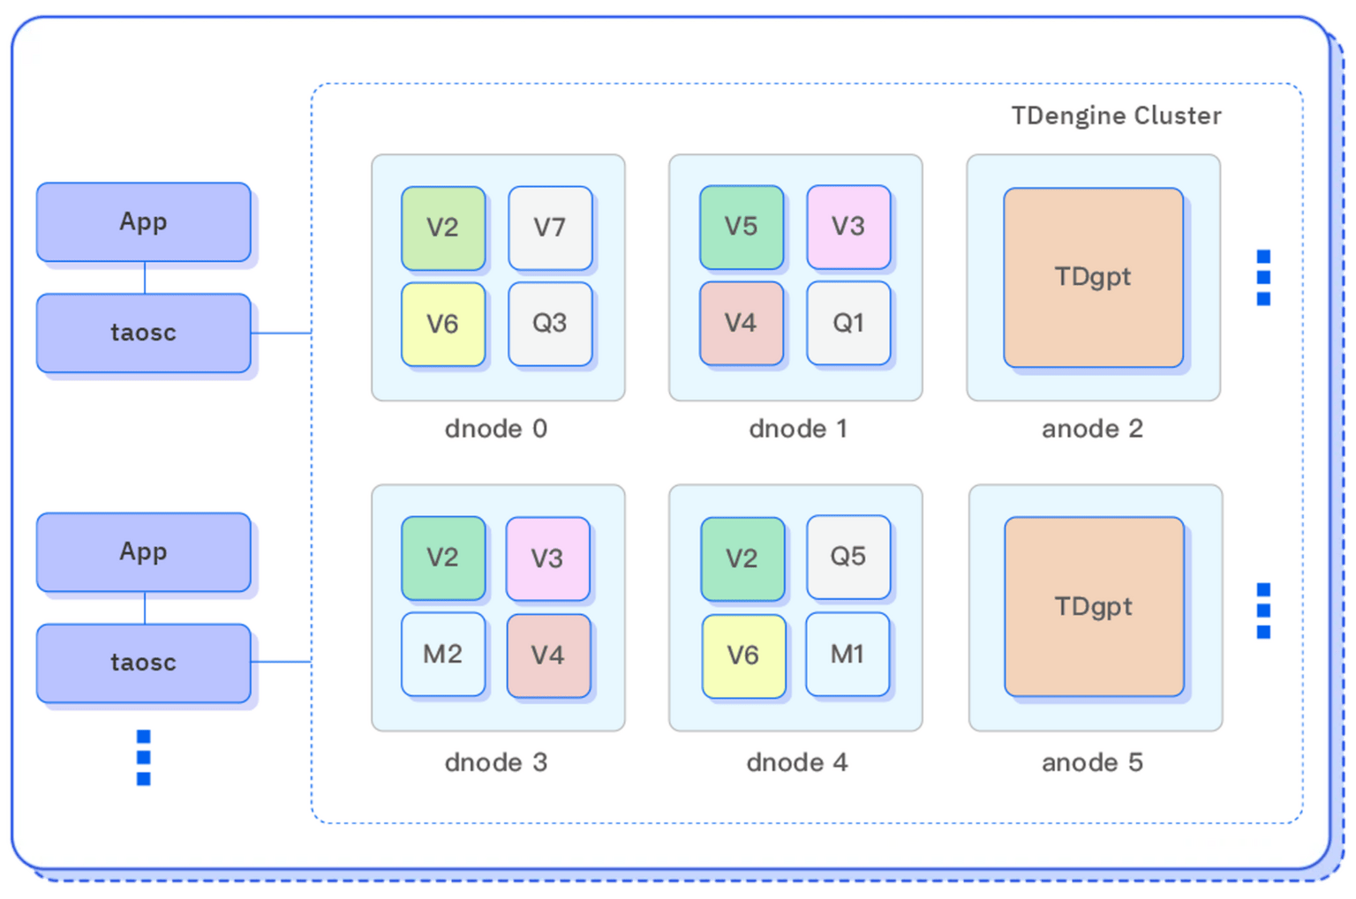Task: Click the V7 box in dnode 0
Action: (x=550, y=228)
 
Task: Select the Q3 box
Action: (x=550, y=324)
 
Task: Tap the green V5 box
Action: (x=742, y=227)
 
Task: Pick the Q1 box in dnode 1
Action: (x=848, y=323)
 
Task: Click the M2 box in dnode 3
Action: (x=443, y=654)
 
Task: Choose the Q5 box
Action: (x=848, y=557)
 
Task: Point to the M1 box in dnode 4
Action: (x=847, y=654)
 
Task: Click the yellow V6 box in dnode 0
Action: (x=443, y=324)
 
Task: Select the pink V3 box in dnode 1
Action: (x=848, y=227)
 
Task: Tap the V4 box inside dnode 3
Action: (x=548, y=655)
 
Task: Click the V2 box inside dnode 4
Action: (x=742, y=558)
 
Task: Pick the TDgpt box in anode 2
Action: (x=1093, y=277)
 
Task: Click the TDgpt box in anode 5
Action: (x=1094, y=607)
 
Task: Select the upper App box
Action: (x=143, y=221)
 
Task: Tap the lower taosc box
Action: (x=143, y=663)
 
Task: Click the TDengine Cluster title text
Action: (x=1116, y=116)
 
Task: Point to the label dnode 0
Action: (x=496, y=429)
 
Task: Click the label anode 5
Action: (x=1092, y=762)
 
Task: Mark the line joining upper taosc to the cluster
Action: (x=281, y=333)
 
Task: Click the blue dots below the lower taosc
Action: (x=144, y=758)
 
